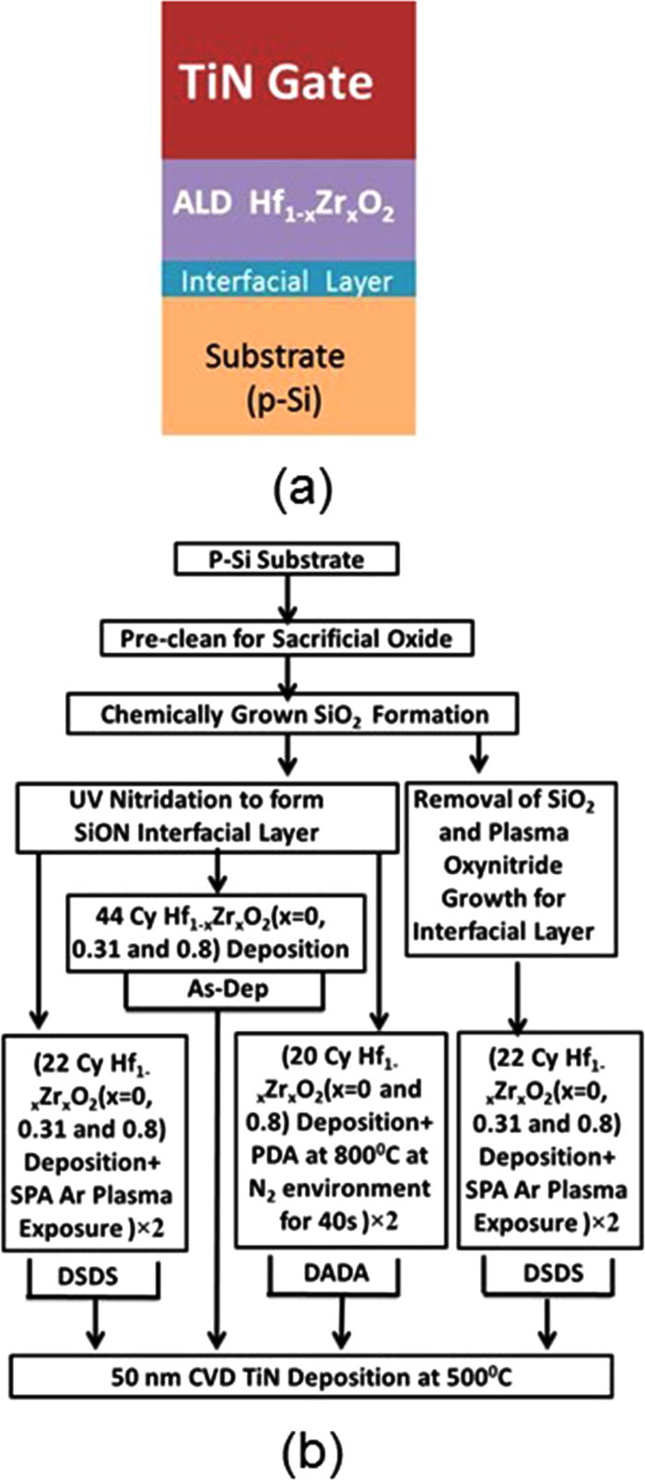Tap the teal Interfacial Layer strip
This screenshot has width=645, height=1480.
(288, 279)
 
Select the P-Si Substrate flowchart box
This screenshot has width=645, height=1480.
(285, 560)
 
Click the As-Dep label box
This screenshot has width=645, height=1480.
(224, 990)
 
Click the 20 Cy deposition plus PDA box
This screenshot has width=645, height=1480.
(341, 1140)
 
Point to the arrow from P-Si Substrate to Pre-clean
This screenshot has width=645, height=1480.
(288, 598)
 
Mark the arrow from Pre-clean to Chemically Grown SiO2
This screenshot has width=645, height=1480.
(288, 676)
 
